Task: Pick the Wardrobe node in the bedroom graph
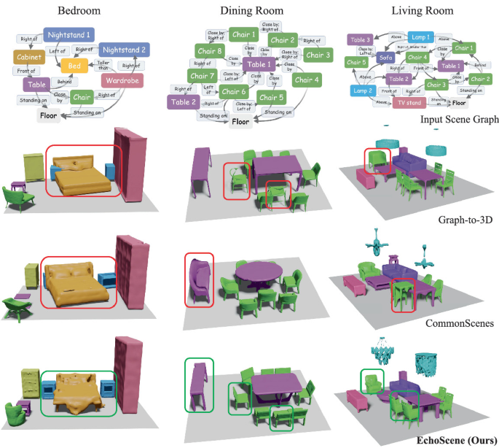coord(123,80)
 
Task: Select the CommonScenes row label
coord(451,322)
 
